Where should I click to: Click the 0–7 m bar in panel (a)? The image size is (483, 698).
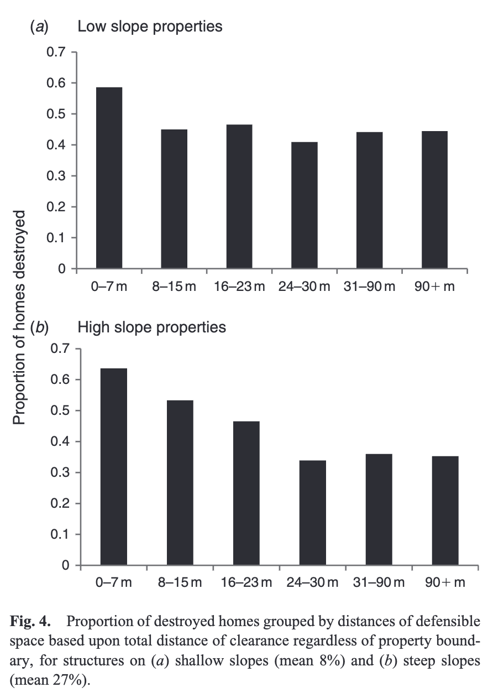[109, 178]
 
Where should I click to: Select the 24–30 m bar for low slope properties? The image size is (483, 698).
[305, 205]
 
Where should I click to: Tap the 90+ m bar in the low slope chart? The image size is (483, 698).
[434, 200]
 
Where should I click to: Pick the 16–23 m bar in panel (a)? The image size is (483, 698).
[239, 196]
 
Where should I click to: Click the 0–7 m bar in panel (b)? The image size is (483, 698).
[114, 467]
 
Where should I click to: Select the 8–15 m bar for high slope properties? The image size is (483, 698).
[180, 483]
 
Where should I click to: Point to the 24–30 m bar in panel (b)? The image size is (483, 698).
[313, 513]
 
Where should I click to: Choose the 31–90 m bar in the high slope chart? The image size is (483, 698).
[379, 509]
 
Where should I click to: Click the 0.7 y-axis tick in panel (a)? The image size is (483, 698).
[58, 53]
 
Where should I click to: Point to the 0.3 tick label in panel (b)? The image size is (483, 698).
[61, 473]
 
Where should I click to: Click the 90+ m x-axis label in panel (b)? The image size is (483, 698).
[445, 582]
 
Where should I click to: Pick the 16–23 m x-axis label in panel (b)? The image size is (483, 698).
[246, 582]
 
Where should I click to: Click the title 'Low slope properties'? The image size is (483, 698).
[150, 26]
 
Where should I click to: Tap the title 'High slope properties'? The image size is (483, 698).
[151, 327]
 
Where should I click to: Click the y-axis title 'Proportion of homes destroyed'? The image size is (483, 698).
[20, 318]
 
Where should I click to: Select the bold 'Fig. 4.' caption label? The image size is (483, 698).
[28, 619]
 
